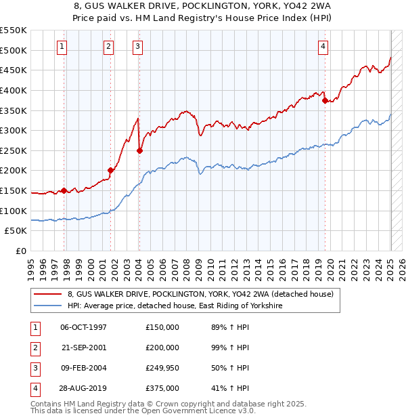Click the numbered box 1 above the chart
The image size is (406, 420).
tap(62, 47)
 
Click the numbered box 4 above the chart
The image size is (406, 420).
tap(323, 47)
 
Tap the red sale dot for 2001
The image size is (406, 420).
tap(110, 171)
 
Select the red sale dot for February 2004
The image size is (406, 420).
tap(139, 151)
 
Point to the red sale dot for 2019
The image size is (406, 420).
tap(325, 100)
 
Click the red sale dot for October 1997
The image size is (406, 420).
tap(64, 191)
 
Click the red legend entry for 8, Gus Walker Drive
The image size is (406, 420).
tap(200, 295)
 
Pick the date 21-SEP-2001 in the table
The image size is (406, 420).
tap(84, 348)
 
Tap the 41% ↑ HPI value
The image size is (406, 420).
tap(231, 388)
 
